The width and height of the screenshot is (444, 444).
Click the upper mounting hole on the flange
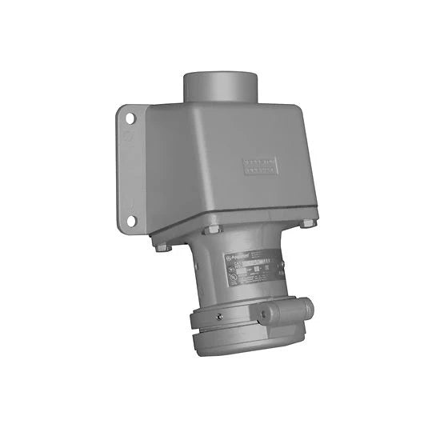click(130, 118)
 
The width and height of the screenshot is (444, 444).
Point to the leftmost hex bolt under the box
click(160, 246)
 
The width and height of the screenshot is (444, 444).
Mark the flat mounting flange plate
click(133, 168)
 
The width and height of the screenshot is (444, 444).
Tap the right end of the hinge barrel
click(309, 305)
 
